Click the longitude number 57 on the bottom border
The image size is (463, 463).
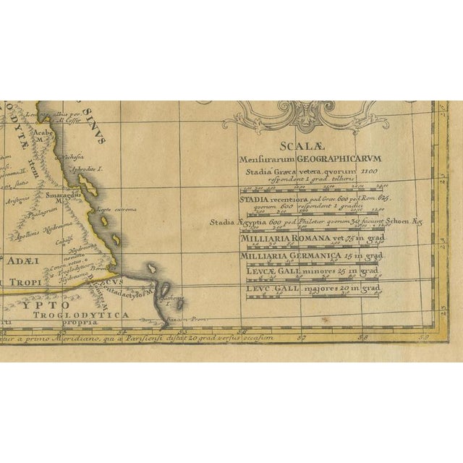(x=301, y=336)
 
